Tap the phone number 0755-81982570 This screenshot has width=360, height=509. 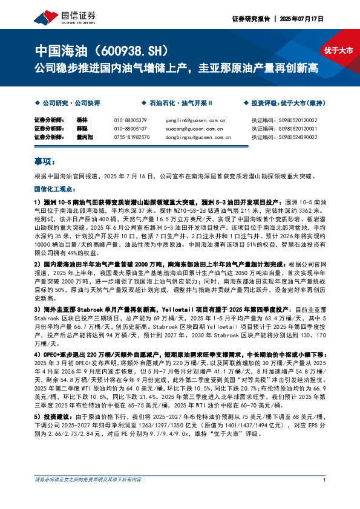(131, 137)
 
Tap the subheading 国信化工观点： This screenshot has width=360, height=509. (56, 189)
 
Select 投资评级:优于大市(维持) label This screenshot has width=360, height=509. (289, 103)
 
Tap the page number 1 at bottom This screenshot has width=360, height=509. (325, 497)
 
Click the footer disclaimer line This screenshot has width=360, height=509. (88, 497)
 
